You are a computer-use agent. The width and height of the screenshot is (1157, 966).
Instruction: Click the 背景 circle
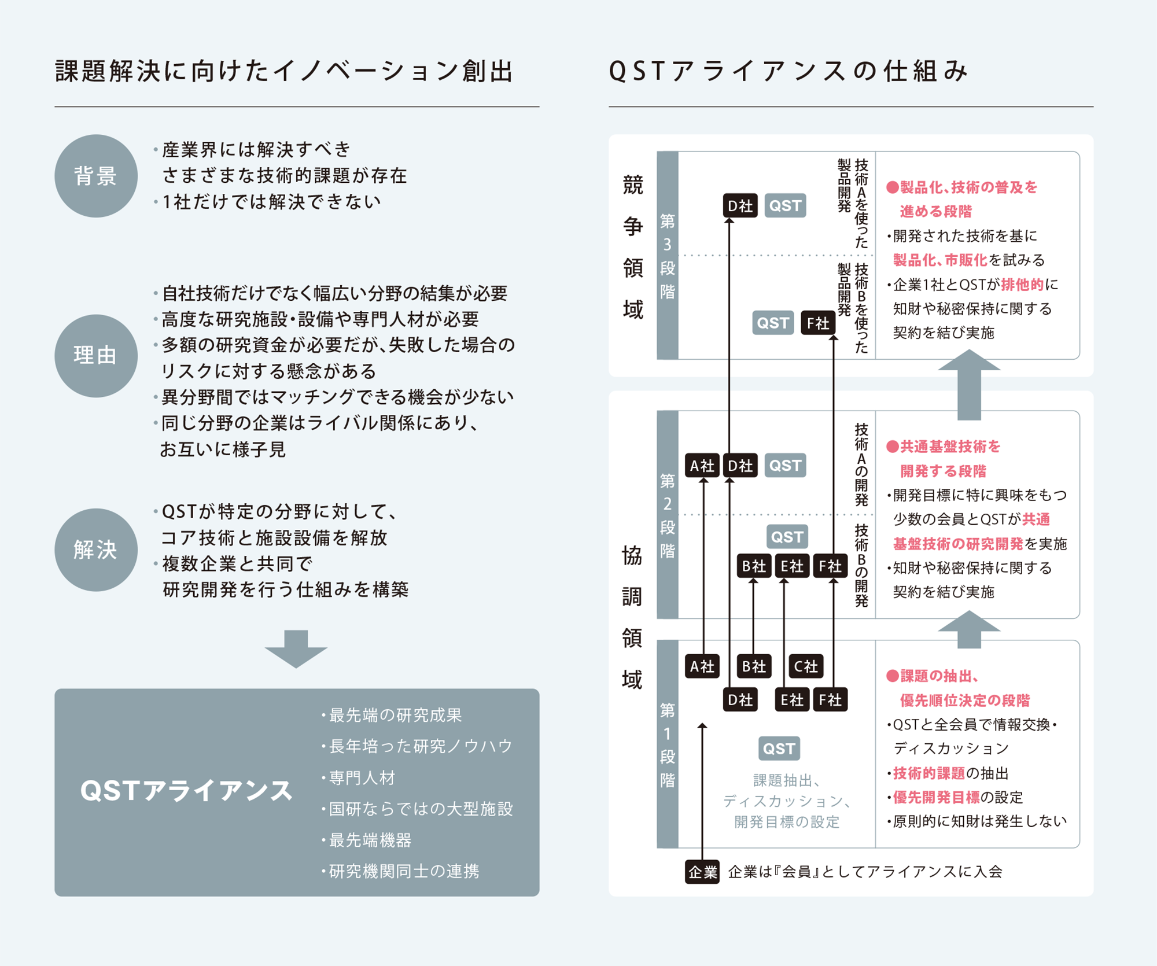point(96,176)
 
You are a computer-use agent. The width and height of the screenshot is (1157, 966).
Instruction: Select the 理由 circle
point(96,356)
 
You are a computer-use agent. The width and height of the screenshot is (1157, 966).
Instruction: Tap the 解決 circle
point(96,550)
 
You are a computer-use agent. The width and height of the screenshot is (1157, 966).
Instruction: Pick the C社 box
point(806,666)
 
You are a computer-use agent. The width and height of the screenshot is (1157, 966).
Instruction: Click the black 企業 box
point(702,872)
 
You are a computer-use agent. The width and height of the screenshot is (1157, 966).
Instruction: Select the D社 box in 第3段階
point(740,206)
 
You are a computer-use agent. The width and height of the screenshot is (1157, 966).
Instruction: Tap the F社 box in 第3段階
point(818,323)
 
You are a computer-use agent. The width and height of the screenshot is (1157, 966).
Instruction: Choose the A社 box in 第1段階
point(702,666)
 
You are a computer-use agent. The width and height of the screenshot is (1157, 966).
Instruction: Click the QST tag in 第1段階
point(779,749)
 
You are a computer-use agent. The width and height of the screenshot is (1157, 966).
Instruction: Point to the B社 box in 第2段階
point(754,566)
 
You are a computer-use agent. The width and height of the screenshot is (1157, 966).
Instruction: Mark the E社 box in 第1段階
point(792,700)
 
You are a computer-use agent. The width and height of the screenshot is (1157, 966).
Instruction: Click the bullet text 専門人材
point(362,778)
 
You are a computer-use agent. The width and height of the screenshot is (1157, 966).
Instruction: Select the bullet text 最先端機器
point(370,840)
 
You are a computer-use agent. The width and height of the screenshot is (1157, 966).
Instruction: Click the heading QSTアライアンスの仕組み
point(788,71)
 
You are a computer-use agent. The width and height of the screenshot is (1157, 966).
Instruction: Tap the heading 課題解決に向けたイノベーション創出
point(284,71)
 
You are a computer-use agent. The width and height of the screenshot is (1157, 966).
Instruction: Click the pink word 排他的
point(1022,285)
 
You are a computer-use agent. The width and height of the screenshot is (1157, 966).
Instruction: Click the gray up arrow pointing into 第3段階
point(969,384)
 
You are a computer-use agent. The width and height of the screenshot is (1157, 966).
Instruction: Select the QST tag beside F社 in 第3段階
point(773,323)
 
